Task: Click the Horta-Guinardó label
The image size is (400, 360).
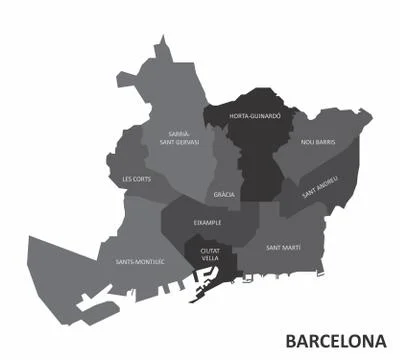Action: (255, 116)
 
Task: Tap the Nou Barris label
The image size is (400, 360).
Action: (318, 142)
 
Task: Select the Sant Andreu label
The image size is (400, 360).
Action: (320, 186)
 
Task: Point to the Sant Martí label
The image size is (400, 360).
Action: (284, 246)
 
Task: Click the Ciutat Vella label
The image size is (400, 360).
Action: (210, 254)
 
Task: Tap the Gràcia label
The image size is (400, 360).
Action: (225, 194)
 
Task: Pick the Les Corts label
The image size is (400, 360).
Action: (136, 179)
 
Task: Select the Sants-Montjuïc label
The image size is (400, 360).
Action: (139, 262)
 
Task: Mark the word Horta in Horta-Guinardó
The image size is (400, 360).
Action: (240, 116)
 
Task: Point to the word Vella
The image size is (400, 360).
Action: (210, 258)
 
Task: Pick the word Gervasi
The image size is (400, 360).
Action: (187, 141)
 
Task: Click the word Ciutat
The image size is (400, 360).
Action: (210, 249)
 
